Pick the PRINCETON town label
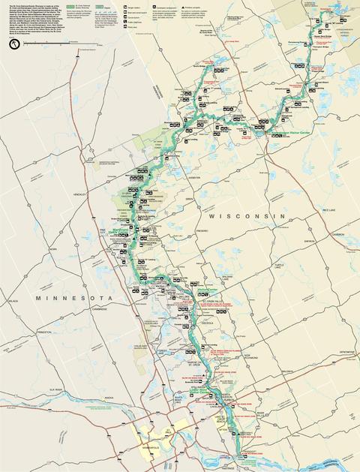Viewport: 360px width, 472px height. click(46, 331)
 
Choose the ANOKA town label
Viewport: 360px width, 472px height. click(109, 398)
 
